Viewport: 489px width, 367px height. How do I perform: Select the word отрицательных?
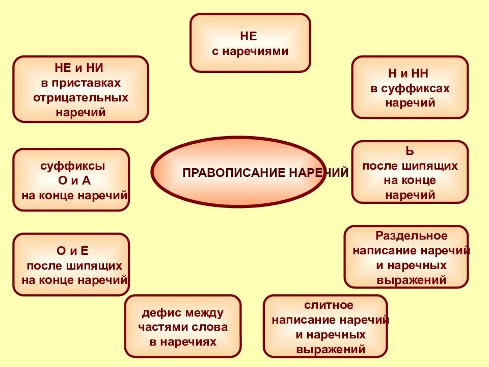[x=80, y=97]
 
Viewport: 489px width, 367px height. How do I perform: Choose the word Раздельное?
[x=411, y=236]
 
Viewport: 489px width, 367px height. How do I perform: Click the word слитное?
[x=329, y=305]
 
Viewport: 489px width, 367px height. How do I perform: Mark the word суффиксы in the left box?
[x=73, y=166]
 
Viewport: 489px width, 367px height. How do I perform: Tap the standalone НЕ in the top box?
[x=249, y=36]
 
